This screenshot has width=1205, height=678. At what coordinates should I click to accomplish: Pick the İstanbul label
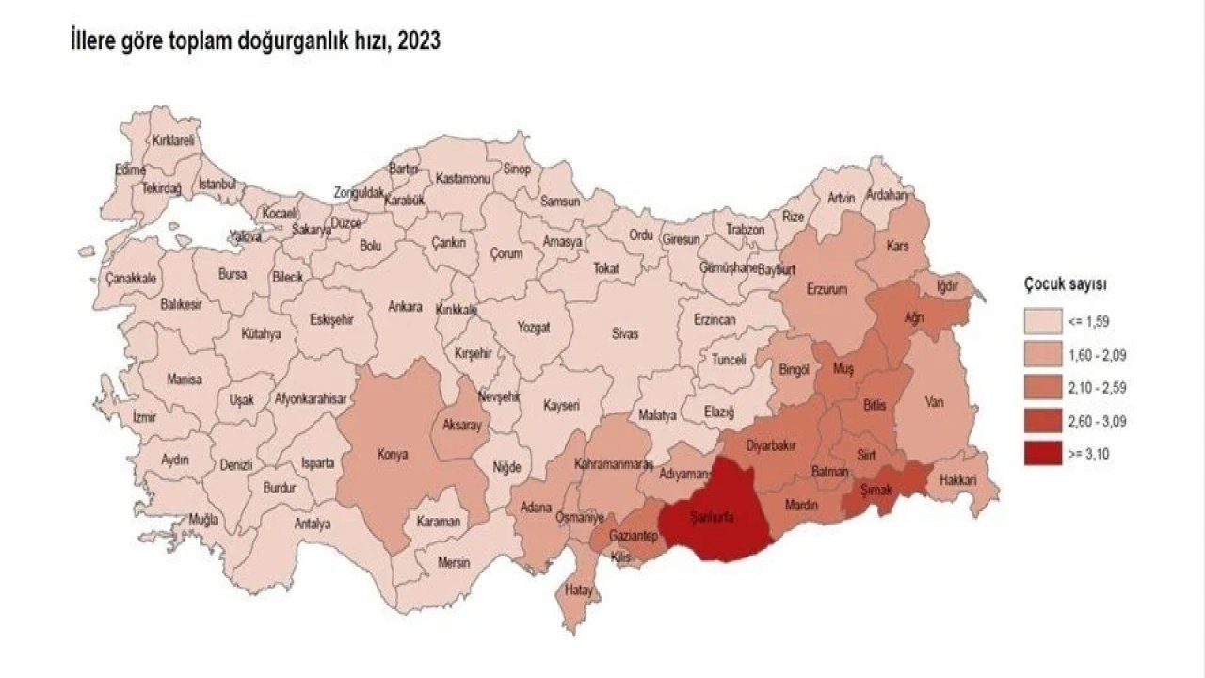pyautogui.click(x=217, y=184)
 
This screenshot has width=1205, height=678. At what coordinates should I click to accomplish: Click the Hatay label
pyautogui.click(x=577, y=590)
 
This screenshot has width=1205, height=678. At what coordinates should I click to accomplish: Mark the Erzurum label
pyautogui.click(x=827, y=288)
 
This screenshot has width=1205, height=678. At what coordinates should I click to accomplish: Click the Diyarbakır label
pyautogui.click(x=772, y=444)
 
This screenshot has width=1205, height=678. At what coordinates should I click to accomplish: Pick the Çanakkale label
pyautogui.click(x=131, y=279)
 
